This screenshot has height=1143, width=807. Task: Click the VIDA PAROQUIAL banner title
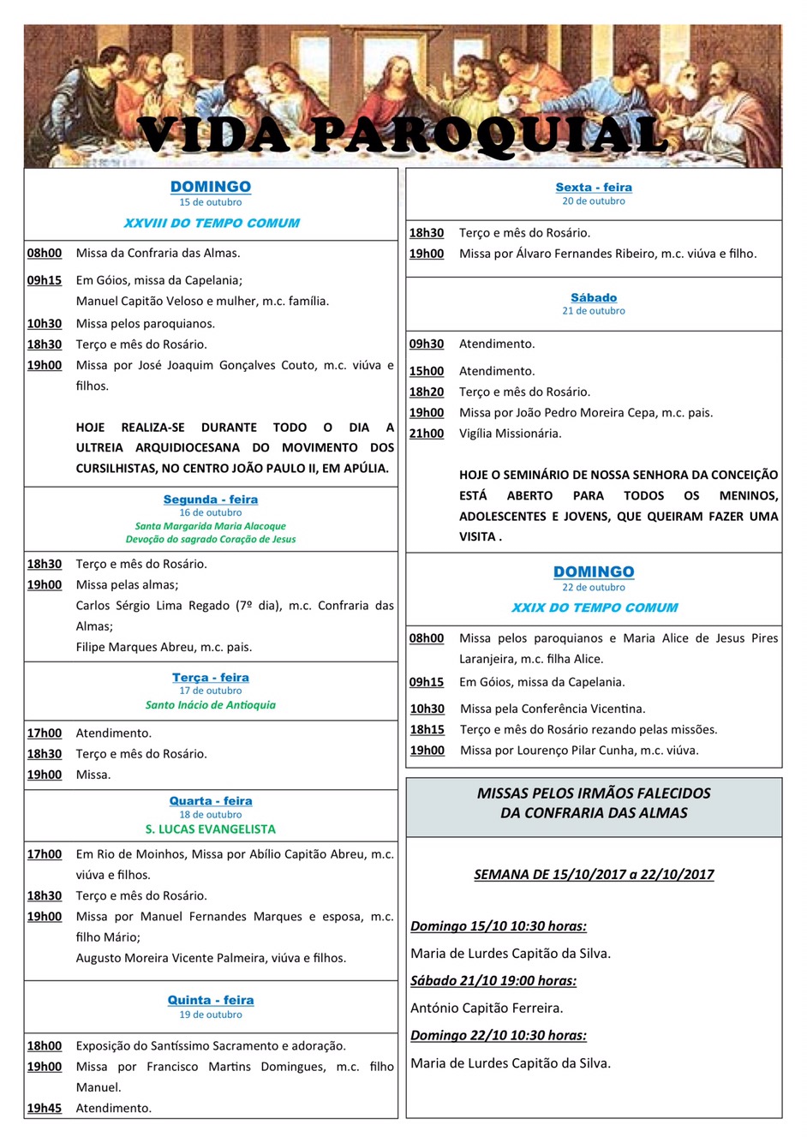[x=403, y=135]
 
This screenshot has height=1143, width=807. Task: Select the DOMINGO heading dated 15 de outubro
[x=211, y=187]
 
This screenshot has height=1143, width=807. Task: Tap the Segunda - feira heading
[x=211, y=500]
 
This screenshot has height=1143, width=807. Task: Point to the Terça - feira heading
[x=211, y=677]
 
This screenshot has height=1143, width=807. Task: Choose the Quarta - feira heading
[x=211, y=801]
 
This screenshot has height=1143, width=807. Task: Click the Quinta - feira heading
[x=211, y=1000]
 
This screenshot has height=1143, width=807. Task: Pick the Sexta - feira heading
[x=594, y=187]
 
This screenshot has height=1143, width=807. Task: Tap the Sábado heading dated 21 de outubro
[x=594, y=297]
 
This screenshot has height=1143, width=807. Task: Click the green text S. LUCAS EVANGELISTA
[x=211, y=829]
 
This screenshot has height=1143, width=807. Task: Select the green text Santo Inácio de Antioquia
[x=211, y=705]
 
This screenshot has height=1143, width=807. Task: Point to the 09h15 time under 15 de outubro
[x=45, y=280]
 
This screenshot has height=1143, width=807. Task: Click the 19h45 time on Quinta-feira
[x=45, y=1108]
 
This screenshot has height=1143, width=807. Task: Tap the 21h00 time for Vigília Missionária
[x=427, y=434]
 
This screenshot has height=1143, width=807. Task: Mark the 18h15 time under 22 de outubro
[x=427, y=729]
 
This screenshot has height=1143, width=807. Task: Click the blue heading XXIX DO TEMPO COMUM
[x=594, y=607]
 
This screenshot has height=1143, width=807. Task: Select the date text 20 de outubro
[x=594, y=201]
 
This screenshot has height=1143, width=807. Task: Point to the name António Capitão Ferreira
[x=487, y=1008]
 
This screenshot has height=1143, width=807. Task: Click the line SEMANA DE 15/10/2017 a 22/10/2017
[x=594, y=875]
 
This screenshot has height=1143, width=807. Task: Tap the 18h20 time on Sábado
[x=427, y=392]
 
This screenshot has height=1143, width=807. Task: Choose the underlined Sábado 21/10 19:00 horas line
[x=493, y=981]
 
